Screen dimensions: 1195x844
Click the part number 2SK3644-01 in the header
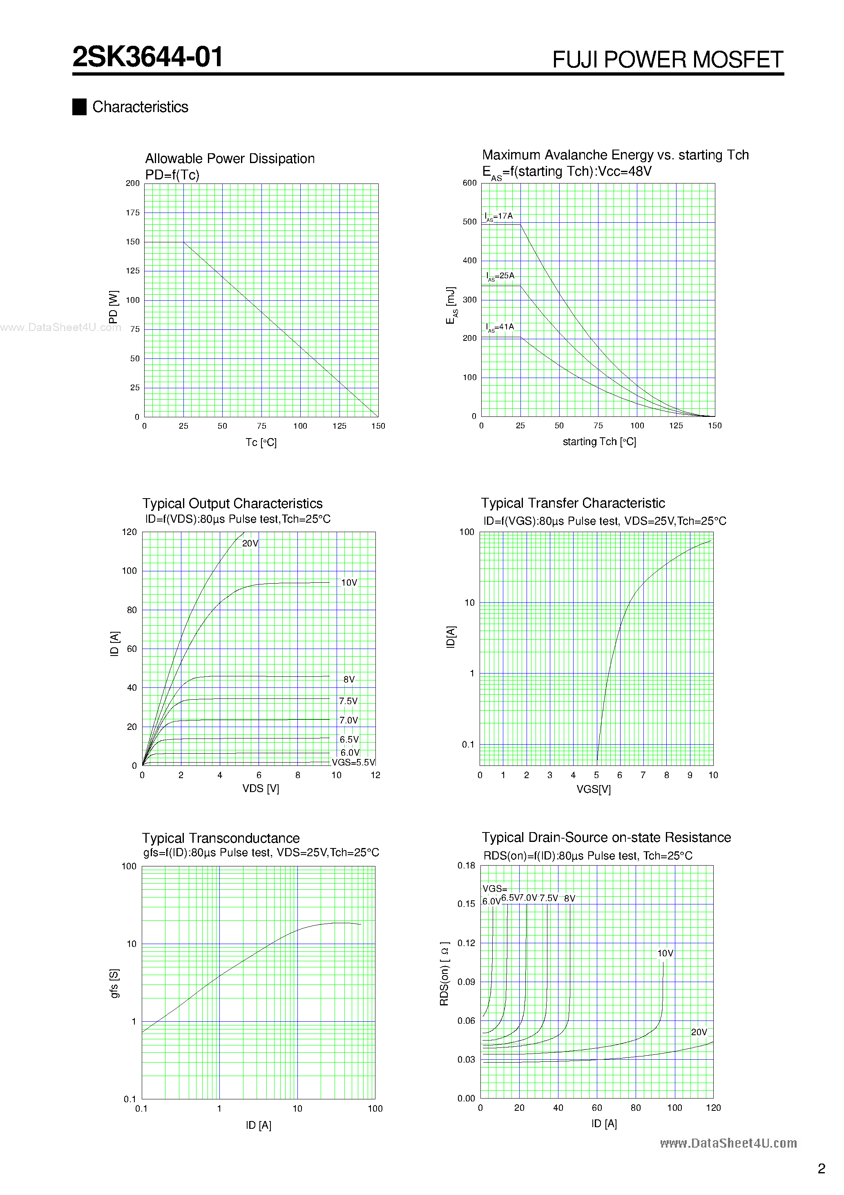[x=148, y=57]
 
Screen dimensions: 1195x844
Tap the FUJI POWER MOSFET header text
[x=667, y=60]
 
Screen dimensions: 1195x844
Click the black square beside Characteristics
[x=79, y=107]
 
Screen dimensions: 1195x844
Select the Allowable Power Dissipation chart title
[x=230, y=159]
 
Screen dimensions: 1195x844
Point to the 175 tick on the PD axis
[x=133, y=213]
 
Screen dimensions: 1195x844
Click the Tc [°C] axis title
[x=261, y=442]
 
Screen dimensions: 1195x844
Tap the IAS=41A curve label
[x=500, y=327]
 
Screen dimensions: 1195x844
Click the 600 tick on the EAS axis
[x=469, y=183]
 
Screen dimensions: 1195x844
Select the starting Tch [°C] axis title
[x=599, y=442]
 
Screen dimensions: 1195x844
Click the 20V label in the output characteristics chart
[x=250, y=544]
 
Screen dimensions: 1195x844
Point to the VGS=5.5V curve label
[x=353, y=763]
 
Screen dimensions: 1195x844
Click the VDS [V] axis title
[x=260, y=788]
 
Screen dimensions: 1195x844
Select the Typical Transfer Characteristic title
[x=572, y=503]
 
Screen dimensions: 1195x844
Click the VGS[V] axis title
[x=593, y=790]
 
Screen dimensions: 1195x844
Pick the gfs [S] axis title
[x=114, y=983]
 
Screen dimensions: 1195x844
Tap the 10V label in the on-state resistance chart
[x=665, y=953]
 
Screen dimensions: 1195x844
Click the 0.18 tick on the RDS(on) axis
[x=466, y=866]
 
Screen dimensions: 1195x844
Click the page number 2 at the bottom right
[x=821, y=1169]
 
